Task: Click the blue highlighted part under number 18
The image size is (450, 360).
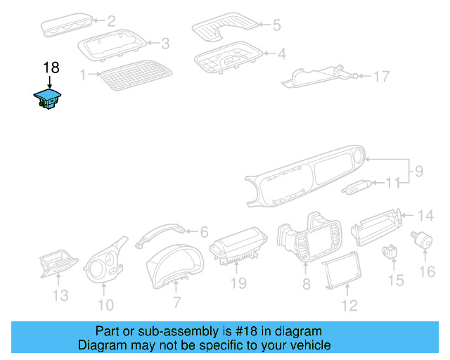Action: pyautogui.click(x=47, y=98)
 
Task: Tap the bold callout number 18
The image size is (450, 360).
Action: pyautogui.click(x=51, y=67)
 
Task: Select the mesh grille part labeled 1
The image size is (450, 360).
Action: pyautogui.click(x=136, y=75)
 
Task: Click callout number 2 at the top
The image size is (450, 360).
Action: pyautogui.click(x=111, y=21)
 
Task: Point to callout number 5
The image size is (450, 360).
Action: pyautogui.click(x=276, y=25)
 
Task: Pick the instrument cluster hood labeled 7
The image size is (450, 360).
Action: pyautogui.click(x=175, y=266)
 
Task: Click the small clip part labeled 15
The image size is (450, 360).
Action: pyautogui.click(x=390, y=252)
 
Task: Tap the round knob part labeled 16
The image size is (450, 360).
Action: pyautogui.click(x=422, y=240)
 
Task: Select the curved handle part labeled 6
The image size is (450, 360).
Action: pyautogui.click(x=160, y=235)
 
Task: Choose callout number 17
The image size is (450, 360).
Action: pyautogui.click(x=382, y=77)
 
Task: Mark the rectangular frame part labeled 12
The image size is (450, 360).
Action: pyautogui.click(x=341, y=270)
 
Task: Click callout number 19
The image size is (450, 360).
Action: pyautogui.click(x=238, y=283)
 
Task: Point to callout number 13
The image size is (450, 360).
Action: pyautogui.click(x=60, y=296)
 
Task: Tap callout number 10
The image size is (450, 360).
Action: pyautogui.click(x=105, y=305)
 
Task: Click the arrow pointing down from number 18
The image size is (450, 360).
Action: pyautogui.click(x=50, y=82)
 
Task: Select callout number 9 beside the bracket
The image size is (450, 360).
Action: pyautogui.click(x=419, y=172)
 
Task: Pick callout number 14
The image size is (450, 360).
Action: pyautogui.click(x=425, y=216)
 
